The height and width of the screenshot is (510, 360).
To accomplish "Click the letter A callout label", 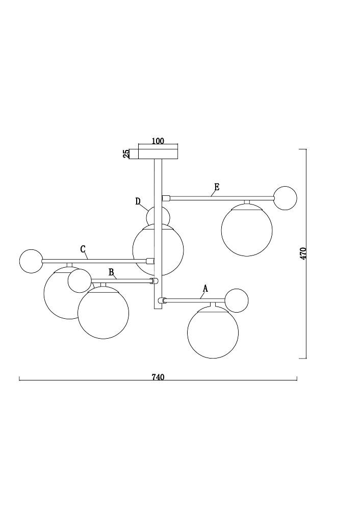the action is (205, 289).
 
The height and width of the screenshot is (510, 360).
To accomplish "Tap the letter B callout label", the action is (111, 272).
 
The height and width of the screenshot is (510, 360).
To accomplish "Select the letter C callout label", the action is (83, 249).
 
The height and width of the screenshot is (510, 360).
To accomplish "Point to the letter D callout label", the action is (138, 201).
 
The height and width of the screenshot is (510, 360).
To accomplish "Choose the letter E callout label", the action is (217, 187).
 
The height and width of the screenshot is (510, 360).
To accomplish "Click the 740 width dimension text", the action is (158, 377).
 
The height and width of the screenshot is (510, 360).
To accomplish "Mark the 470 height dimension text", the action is (303, 253).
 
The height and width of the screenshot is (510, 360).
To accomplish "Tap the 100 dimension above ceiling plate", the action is (158, 141).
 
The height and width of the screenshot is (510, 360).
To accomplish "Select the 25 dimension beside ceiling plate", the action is (126, 154).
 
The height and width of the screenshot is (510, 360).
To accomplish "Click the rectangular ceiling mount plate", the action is (159, 154).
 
